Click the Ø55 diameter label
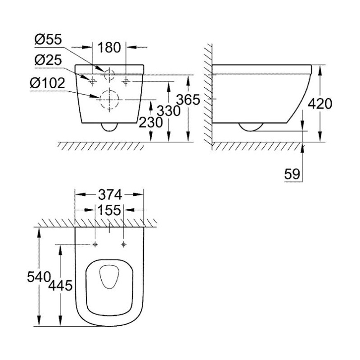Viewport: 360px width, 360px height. click(48, 40)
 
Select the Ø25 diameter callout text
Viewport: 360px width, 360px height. click(48, 60)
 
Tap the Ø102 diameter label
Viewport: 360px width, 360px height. click(47, 83)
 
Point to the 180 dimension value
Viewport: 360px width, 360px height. click(109, 48)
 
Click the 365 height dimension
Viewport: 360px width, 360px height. click(188, 99)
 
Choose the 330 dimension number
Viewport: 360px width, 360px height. click(168, 111)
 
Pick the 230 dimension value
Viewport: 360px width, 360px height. click(151, 122)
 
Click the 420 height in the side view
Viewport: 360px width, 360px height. click(320, 104)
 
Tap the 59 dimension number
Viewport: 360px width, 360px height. click(292, 174)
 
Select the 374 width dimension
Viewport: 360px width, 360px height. click(110, 195)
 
